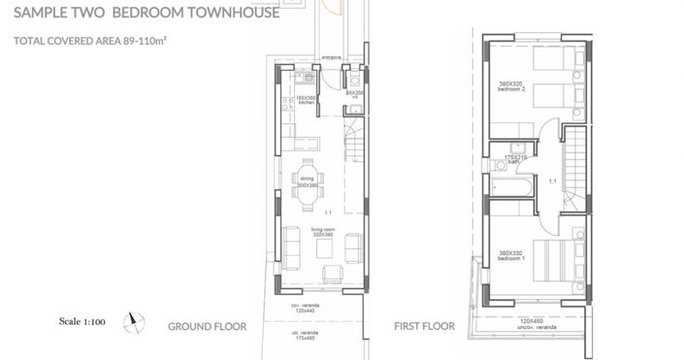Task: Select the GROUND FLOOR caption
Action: (x=207, y=327)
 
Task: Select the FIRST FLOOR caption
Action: (x=424, y=327)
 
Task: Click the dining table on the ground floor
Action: (x=308, y=183)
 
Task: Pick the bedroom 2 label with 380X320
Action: (x=509, y=86)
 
